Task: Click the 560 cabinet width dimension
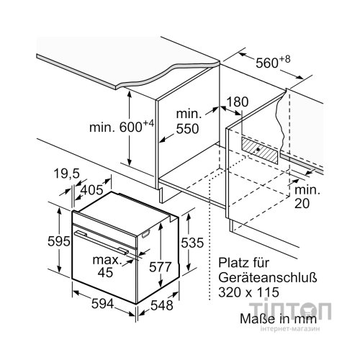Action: [273, 62]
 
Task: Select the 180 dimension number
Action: [238, 102]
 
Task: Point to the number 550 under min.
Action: [187, 129]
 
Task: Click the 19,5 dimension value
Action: [66, 174]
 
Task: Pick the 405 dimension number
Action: [91, 190]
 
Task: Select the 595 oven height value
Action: [59, 241]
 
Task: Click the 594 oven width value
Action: [102, 304]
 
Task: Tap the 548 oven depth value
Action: [162, 305]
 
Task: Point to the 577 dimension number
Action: [161, 267]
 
